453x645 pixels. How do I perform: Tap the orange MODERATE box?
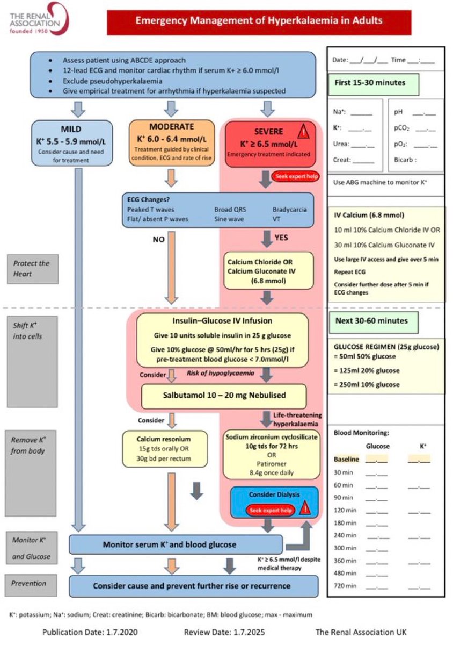tap(171, 142)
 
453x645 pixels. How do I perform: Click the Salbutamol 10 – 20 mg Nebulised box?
tap(223, 396)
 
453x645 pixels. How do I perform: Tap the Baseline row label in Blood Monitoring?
tap(346, 460)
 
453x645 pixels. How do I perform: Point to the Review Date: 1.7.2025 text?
tap(224, 632)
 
